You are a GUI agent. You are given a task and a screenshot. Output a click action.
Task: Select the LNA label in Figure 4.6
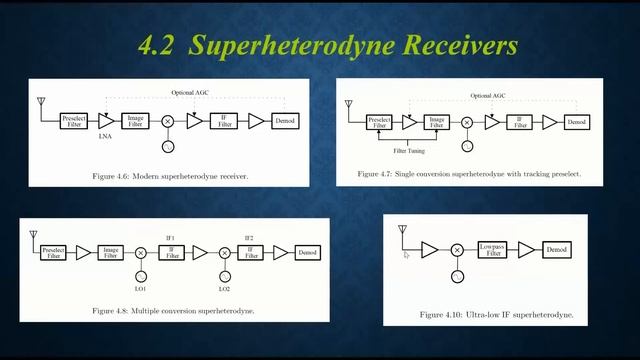105,136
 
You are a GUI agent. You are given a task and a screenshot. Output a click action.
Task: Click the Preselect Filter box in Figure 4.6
73,121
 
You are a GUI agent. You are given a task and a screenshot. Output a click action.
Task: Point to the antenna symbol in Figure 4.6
41,103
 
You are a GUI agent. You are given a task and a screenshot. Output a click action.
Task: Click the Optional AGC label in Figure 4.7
488,96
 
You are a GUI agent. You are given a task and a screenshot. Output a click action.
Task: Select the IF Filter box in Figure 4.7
519,122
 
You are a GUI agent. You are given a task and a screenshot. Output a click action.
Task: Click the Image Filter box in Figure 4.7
435,122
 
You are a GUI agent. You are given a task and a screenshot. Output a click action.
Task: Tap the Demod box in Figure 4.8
308,253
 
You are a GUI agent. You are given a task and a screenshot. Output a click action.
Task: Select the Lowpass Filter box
489,250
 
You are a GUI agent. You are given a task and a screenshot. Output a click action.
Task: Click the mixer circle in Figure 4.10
457,250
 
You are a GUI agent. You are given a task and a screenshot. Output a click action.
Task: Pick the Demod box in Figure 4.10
558,249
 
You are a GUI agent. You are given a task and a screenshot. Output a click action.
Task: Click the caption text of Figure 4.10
496,314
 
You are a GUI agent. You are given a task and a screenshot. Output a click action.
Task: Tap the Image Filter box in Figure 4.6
135,121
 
